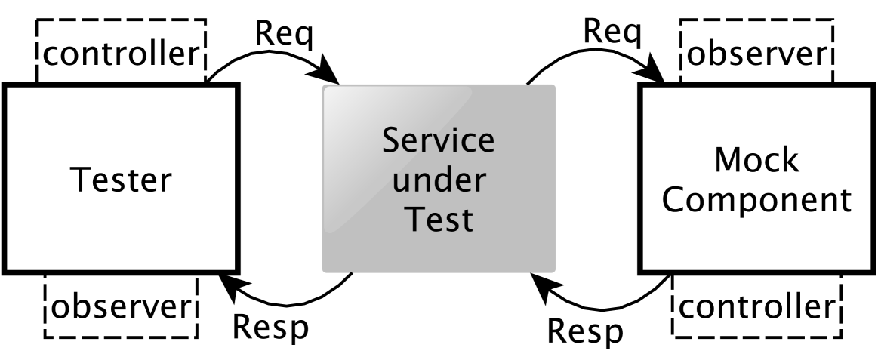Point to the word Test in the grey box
[439, 220]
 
